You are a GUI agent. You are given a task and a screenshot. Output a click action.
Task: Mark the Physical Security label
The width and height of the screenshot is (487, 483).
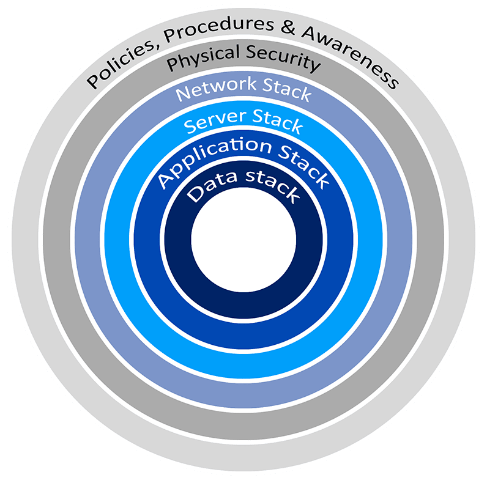click(x=243, y=58)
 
